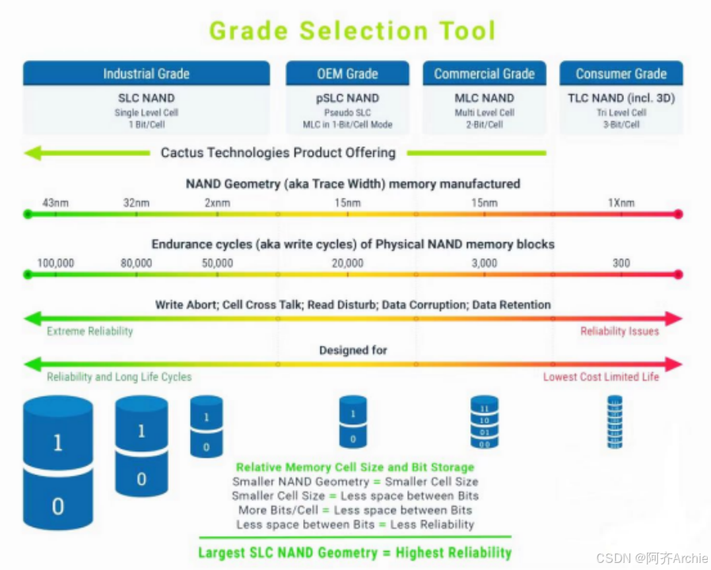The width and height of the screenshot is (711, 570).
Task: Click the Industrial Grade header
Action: (146, 74)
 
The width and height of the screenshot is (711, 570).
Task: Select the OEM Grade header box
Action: (348, 74)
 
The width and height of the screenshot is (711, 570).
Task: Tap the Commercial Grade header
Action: (484, 74)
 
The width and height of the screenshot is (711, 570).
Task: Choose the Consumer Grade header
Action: (621, 74)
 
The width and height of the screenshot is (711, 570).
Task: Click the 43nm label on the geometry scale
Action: (55, 203)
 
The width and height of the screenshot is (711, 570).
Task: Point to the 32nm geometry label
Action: (136, 203)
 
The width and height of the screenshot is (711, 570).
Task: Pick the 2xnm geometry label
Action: (217, 203)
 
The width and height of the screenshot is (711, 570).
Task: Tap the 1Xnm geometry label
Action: (621, 203)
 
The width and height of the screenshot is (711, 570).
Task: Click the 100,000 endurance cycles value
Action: (55, 263)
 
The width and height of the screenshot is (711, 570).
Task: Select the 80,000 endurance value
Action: (136, 263)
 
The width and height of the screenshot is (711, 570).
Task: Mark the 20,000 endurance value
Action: (348, 263)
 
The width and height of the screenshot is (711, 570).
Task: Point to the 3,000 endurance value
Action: (484, 263)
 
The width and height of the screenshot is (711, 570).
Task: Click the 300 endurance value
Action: (621, 263)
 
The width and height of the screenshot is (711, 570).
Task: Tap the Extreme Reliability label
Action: (89, 331)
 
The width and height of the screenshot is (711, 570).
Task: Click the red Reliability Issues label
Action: (619, 331)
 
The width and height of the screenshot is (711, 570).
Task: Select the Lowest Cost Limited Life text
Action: (600, 377)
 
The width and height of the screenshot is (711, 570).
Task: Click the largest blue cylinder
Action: (58, 463)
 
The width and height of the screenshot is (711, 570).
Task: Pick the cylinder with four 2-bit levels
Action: (484, 421)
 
